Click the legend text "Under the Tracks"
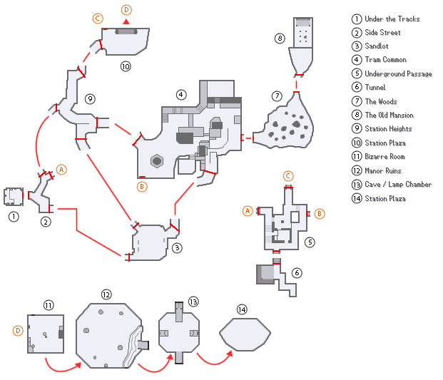pos(392,19)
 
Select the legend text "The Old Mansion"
pos(389,115)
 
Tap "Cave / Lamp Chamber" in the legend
pos(398,184)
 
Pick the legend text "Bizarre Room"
pos(385,156)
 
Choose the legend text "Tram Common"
pos(385,60)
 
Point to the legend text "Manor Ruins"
pos(383,170)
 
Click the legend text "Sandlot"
pos(377,46)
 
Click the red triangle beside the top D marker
pos(126,22)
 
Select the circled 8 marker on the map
pos(280,38)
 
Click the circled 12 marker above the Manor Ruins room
pos(106,294)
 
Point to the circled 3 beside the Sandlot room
pos(177,248)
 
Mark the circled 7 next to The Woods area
pos(276,96)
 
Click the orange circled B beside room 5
pos(319,212)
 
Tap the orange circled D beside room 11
pos(18,330)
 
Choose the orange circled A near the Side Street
pos(61,170)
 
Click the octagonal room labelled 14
pos(244,333)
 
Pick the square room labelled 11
pos(46,333)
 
